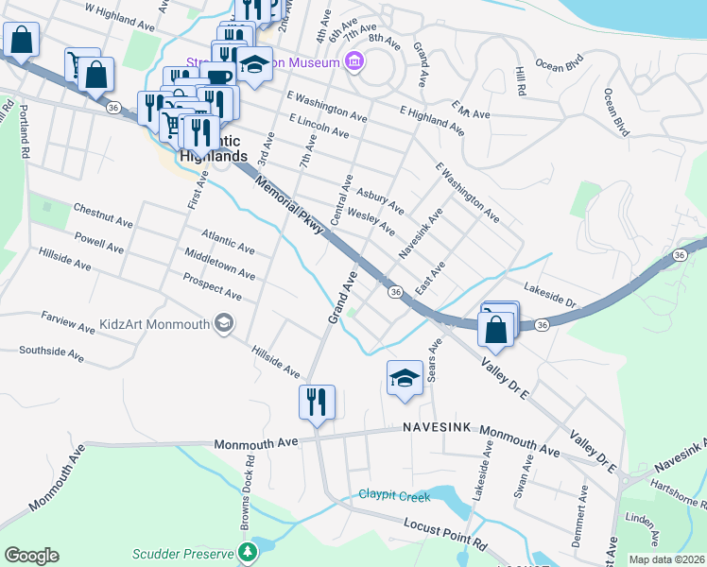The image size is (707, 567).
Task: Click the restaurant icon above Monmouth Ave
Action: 317,403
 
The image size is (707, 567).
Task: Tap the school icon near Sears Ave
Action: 404,379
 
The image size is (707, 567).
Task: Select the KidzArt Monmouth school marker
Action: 223,324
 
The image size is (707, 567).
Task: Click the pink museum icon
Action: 354,63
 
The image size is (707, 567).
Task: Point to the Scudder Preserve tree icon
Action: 248,551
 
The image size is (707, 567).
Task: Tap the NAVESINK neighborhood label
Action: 437,428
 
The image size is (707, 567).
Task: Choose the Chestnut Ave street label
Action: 102,214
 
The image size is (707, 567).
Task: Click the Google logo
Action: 31,556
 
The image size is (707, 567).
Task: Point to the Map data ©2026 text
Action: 665,559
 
